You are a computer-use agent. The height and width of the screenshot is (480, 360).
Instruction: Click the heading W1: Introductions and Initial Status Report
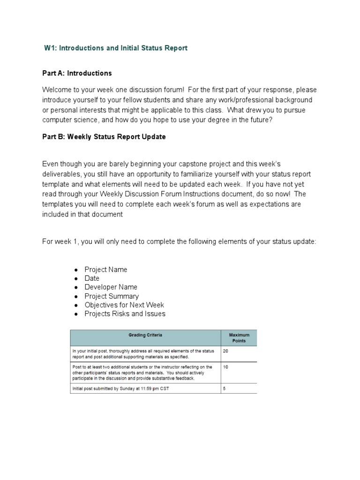[x=115, y=48]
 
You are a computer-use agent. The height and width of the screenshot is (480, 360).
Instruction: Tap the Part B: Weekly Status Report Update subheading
[x=104, y=137]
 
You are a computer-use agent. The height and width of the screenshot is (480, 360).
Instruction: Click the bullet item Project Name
[x=105, y=270]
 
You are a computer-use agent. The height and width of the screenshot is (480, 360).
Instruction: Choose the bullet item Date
[x=92, y=278]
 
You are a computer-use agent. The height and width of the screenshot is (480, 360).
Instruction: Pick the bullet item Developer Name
[x=111, y=287]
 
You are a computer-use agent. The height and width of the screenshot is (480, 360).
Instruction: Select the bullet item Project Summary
[x=112, y=296]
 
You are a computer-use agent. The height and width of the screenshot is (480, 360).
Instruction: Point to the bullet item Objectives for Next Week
[x=124, y=305]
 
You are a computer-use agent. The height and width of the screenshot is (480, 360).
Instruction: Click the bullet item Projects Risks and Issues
[x=125, y=314]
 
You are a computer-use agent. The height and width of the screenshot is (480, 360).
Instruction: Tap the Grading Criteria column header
[x=145, y=335]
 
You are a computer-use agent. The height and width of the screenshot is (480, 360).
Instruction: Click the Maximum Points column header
[x=239, y=338]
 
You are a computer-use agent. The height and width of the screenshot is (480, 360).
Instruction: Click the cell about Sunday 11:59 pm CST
[x=122, y=389]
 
